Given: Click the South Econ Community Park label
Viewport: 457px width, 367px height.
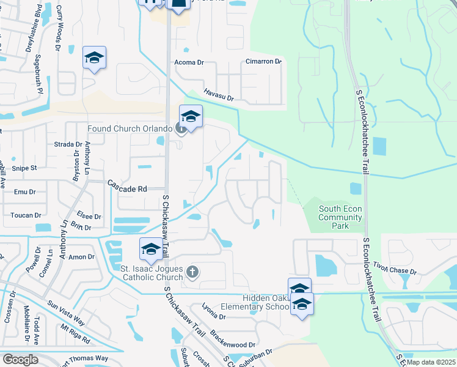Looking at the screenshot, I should tap(340, 217).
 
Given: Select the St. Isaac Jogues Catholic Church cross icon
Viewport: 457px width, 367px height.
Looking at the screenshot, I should tap(192, 272).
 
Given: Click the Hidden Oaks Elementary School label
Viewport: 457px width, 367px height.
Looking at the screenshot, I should tap(256, 302).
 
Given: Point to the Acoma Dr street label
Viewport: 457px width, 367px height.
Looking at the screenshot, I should tap(188, 62).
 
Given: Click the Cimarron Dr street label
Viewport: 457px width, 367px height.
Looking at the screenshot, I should tap(263, 62).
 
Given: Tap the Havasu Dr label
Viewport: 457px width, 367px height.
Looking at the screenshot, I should tap(219, 92).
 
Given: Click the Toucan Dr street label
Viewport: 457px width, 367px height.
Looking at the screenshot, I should tap(25, 215).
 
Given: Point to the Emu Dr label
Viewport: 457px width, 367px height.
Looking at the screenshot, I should tap(24, 191).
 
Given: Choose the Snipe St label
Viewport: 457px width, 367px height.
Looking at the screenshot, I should tap(25, 168).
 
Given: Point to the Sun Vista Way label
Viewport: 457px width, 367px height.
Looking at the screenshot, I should tap(66, 311).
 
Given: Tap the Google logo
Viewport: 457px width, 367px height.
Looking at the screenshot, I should tap(20, 360).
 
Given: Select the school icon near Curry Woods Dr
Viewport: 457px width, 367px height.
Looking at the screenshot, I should tap(94, 58).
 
